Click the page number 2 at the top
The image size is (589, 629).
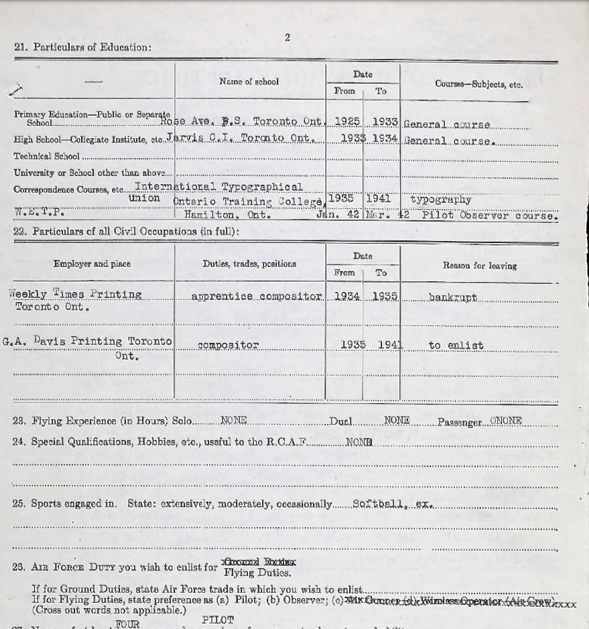click(x=287, y=38)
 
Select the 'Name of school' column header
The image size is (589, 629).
click(x=249, y=82)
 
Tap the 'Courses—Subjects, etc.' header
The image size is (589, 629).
click(x=478, y=84)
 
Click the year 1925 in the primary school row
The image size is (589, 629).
click(x=346, y=122)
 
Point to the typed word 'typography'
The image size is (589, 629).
click(x=440, y=200)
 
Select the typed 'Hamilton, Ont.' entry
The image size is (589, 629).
click(x=228, y=216)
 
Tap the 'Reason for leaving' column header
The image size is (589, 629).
click(x=479, y=266)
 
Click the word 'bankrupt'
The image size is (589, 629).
click(x=452, y=297)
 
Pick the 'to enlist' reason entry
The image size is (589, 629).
click(x=456, y=346)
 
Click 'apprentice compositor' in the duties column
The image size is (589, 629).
click(x=257, y=296)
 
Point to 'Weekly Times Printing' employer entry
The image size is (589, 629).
click(x=75, y=294)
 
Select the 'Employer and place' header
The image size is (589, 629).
click(x=92, y=264)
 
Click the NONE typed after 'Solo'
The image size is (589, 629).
click(x=234, y=421)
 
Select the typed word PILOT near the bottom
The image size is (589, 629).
click(x=218, y=620)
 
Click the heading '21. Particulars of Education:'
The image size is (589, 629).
click(x=82, y=47)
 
